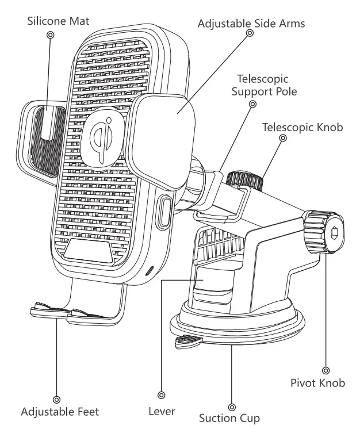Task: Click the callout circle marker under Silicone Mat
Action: [x=50, y=35]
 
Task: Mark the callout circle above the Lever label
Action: [x=162, y=396]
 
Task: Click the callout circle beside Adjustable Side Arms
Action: [x=250, y=33]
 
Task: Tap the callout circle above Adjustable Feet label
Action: [x=56, y=398]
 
